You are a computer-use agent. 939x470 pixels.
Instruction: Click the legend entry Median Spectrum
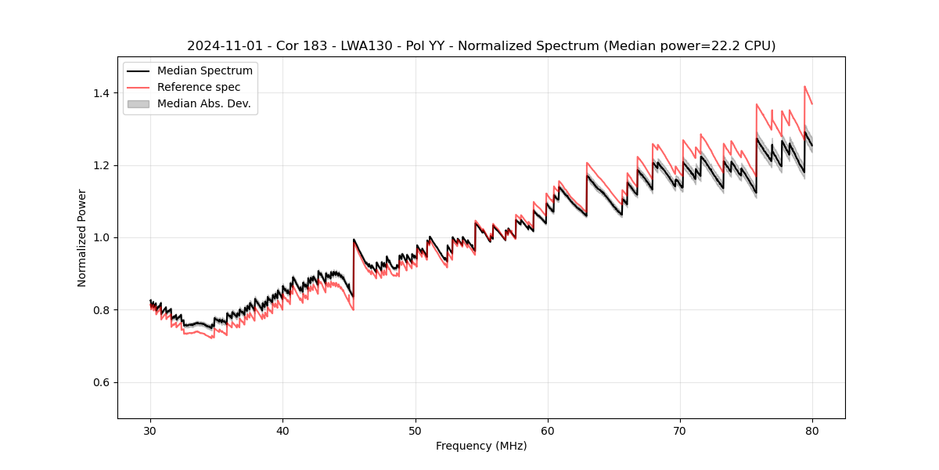click(204, 71)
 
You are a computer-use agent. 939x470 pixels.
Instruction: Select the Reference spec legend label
click(199, 87)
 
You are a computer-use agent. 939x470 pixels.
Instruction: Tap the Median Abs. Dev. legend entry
click(203, 103)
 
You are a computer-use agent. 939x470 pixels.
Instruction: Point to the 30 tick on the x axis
click(151, 430)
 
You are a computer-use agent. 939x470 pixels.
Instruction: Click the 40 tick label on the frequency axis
click(283, 430)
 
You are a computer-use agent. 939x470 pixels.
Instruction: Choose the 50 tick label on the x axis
click(416, 430)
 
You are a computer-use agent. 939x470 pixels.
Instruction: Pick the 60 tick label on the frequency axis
click(548, 430)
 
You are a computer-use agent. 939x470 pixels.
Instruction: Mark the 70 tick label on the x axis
click(680, 430)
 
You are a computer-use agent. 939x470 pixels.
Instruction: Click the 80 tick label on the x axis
click(812, 430)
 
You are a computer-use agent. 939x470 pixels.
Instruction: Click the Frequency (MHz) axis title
click(481, 446)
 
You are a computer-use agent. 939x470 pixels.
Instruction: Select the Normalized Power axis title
click(82, 237)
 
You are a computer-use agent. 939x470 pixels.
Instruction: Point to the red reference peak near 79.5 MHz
click(804, 87)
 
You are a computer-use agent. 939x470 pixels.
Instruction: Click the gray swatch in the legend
click(138, 103)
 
